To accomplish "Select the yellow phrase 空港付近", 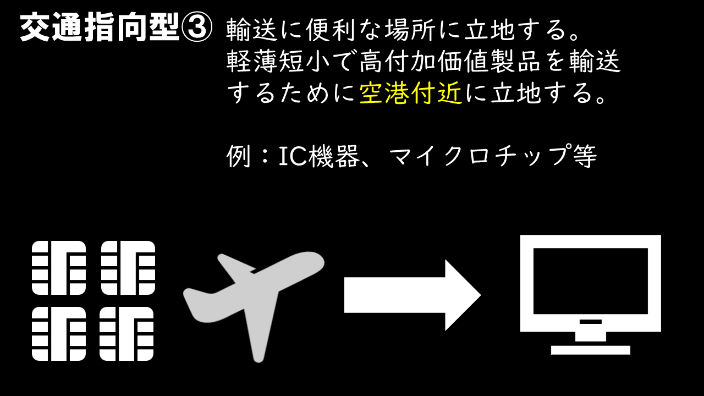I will point(411,94).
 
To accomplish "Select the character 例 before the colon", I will point(238,157).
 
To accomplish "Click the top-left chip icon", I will point(59,268).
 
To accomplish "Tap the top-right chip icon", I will point(128,268).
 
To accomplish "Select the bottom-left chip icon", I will point(59,333).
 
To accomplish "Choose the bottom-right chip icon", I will point(127,333).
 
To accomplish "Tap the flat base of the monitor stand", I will point(590,350).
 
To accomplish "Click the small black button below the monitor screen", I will point(590,322).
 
